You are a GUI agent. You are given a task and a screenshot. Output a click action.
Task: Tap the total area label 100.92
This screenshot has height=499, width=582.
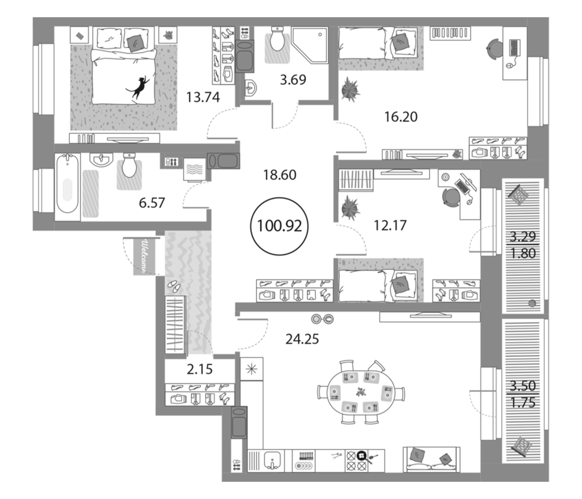[279, 226]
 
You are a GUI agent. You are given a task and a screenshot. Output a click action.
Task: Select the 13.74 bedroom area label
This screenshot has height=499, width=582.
[203, 98]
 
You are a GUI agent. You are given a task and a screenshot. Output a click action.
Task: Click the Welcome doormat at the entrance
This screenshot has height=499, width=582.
[144, 256]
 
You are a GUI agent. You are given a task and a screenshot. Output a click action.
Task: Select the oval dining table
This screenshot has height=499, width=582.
[361, 392]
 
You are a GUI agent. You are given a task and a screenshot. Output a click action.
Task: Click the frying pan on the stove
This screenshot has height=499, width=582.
[362, 455]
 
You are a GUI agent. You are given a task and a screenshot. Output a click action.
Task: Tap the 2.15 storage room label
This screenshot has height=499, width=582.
[200, 370]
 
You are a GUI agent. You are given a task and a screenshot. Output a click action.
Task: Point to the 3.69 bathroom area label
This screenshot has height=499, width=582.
[293, 80]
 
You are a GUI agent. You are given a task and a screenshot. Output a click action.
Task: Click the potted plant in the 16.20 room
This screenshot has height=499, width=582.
[350, 89]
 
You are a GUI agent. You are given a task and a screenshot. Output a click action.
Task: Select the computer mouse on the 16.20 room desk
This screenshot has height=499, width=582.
[508, 66]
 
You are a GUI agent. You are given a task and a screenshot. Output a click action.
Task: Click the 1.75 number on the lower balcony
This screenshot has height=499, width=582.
[523, 403]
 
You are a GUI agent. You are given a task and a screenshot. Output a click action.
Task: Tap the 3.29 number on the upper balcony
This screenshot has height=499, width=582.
[523, 236]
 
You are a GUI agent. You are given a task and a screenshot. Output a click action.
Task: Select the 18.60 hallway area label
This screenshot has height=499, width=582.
[279, 175]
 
